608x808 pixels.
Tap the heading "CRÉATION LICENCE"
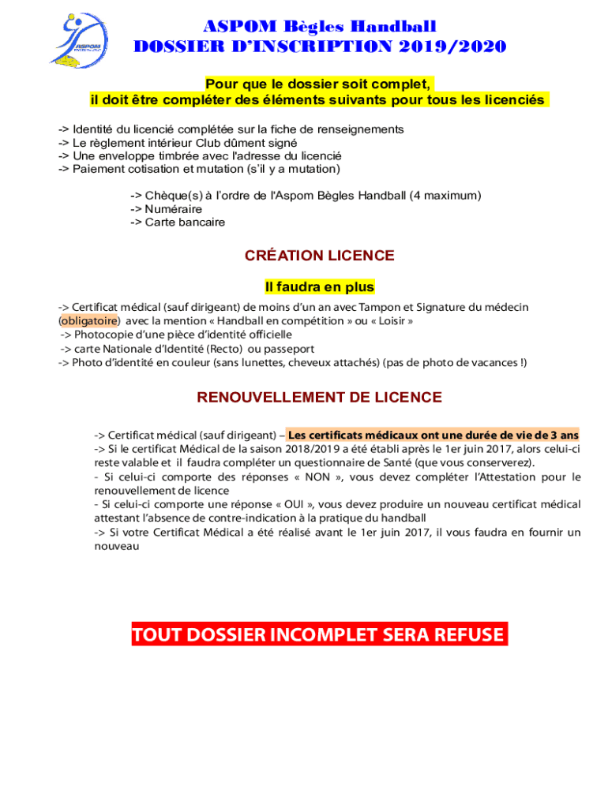[319, 256]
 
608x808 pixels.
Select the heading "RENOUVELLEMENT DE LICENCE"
[319, 398]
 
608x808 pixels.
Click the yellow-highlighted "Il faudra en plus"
[319, 287]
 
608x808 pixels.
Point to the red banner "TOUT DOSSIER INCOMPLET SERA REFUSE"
[319, 635]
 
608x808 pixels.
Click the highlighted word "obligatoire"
[90, 321]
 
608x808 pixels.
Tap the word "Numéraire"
[173, 209]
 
